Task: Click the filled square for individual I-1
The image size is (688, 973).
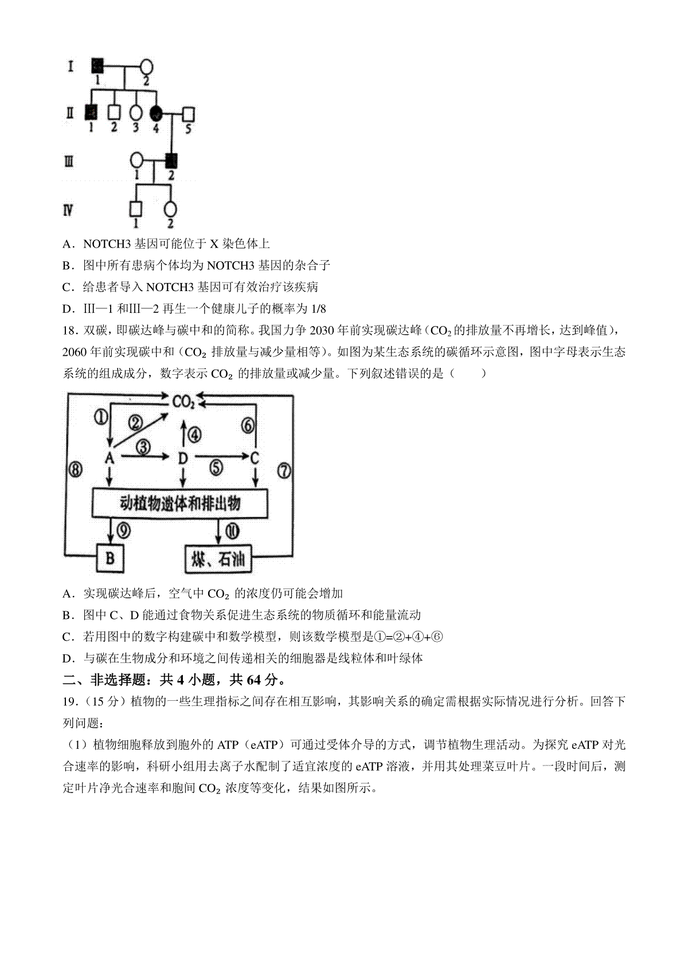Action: pos(97,66)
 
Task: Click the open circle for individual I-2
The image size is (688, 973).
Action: pos(146,67)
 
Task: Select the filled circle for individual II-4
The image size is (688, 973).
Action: pos(155,114)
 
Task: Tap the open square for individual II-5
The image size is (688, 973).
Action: pos(188,115)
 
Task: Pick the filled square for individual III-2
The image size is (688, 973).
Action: pos(171,160)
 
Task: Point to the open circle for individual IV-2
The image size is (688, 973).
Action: pos(170,209)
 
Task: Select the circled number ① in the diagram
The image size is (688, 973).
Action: pos(101,417)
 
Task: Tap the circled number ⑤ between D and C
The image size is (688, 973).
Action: pos(216,468)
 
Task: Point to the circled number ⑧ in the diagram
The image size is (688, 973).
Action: pos(76,469)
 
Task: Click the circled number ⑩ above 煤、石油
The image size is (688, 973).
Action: pos(232,531)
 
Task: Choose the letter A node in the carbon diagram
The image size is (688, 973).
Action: pos(110,457)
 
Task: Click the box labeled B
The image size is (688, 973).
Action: pos(110,558)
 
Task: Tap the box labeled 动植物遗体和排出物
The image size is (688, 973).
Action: pos(180,504)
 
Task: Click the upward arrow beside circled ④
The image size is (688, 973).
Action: pos(183,433)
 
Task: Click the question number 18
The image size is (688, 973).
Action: pos(71,331)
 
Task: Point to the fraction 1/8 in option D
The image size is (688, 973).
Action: pos(319,309)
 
